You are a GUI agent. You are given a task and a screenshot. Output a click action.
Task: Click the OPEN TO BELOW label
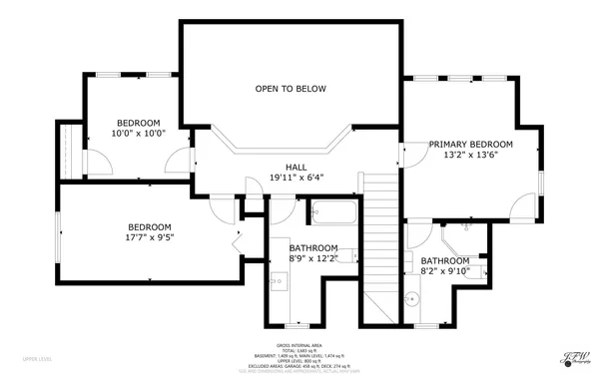click(291, 89)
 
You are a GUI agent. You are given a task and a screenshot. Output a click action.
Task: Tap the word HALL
click(297, 167)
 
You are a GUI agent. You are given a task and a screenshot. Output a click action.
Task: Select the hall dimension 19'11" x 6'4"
click(297, 178)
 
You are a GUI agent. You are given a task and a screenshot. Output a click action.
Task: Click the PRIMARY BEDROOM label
click(471, 144)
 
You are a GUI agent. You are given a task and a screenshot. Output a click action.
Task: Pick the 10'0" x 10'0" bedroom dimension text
click(137, 132)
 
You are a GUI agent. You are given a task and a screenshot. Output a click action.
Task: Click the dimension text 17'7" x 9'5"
click(149, 237)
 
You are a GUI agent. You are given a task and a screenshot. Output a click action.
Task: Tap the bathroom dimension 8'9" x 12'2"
click(313, 258)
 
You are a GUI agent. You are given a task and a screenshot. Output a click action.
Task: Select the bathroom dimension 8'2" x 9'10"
click(441, 269)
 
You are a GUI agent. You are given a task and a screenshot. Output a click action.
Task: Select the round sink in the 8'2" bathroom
click(410, 297)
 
